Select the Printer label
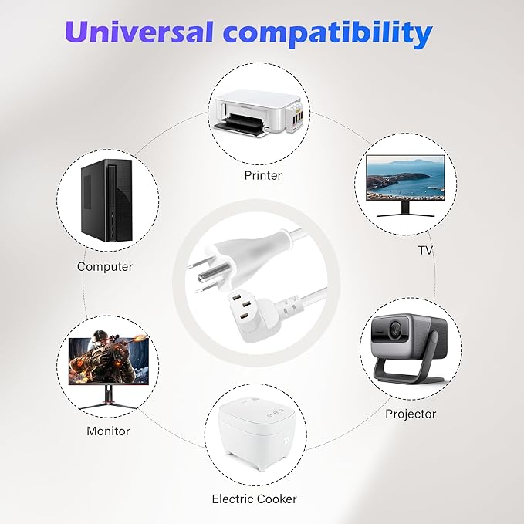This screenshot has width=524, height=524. [262, 175]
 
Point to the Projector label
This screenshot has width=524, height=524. [411, 414]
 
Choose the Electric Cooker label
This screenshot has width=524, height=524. [254, 499]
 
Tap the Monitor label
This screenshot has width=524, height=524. [108, 431]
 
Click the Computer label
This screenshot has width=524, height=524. [105, 266]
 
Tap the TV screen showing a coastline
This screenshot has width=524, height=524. [404, 177]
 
